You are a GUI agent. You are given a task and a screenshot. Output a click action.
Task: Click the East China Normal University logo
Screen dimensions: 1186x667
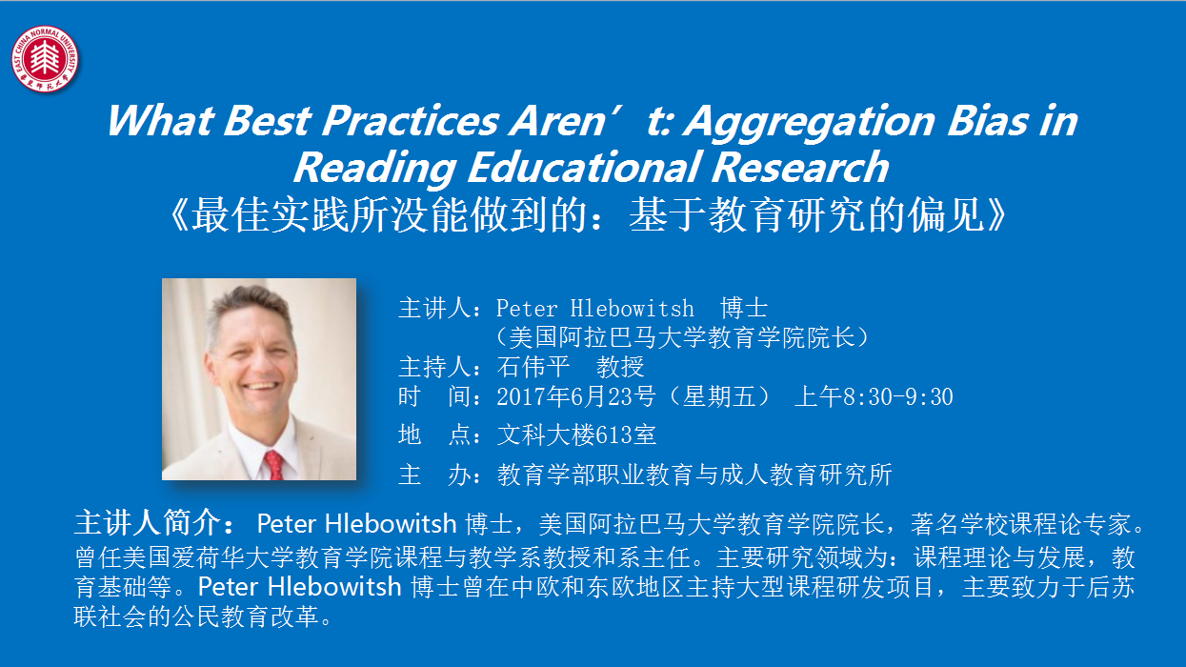coord(45,59)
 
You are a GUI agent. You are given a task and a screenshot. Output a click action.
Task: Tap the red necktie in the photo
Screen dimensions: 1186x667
coord(274,465)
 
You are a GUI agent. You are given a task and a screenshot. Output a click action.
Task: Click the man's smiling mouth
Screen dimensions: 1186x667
coord(261,386)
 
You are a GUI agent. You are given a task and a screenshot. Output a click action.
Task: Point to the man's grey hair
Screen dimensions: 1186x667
coord(250,307)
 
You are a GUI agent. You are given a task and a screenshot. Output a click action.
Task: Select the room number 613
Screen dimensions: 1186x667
coord(613,435)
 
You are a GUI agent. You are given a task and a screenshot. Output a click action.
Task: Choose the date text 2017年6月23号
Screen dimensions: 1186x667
coord(576,396)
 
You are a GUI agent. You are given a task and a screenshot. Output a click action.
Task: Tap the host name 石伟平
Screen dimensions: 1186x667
coord(533,367)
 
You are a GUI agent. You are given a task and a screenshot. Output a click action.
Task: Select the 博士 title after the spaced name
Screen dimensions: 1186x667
coord(744,308)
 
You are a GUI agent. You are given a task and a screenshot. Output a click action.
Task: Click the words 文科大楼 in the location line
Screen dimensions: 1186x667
coord(546,435)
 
